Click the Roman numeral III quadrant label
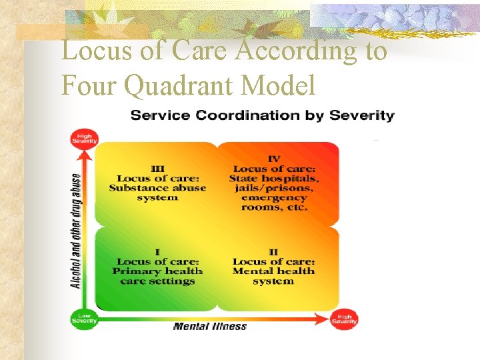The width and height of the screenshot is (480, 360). pos(157,169)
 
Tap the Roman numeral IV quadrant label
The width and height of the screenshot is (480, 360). pos(274,159)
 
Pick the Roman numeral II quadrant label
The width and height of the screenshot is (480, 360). pos(273,252)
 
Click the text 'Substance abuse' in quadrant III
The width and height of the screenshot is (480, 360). pos(157,188)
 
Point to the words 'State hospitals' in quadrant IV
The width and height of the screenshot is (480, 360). pos(274,178)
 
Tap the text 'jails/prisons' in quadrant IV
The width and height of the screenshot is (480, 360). pos(274,188)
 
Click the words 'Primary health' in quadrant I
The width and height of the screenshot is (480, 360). pos(157,271)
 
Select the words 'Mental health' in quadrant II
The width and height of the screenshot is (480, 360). pos(274,271)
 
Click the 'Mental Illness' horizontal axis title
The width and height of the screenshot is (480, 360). pos(209,327)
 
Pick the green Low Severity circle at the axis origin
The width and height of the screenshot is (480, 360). pos(85,319)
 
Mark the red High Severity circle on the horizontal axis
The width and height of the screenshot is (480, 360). pos(345,319)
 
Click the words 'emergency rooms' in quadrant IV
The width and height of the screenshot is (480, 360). pos(274,202)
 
